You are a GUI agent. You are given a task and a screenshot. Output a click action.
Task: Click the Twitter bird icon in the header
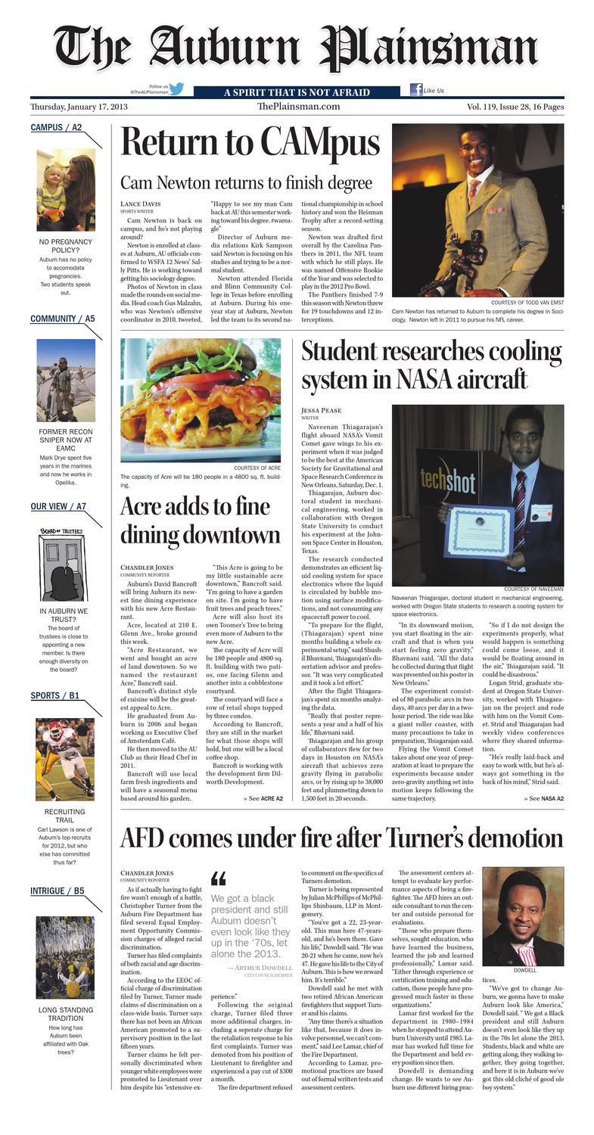pyautogui.click(x=176, y=89)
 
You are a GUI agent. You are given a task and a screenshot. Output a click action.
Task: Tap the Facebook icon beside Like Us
pyautogui.click(x=415, y=89)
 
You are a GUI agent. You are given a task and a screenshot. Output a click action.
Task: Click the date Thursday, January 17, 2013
pyautogui.click(x=79, y=107)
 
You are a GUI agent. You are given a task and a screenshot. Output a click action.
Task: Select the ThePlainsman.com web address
pyautogui.click(x=298, y=107)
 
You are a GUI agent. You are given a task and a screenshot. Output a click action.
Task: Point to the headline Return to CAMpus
pyautogui.click(x=250, y=142)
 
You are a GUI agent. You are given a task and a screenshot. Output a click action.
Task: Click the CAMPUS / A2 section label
pyautogui.click(x=56, y=127)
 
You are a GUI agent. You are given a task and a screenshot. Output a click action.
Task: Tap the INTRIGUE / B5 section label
pyautogui.click(x=58, y=891)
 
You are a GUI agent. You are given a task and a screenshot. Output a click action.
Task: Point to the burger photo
pyautogui.click(x=201, y=400)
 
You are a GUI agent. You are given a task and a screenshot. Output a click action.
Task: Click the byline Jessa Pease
pyautogui.click(x=322, y=410)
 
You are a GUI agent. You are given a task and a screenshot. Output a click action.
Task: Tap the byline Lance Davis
pyautogui.click(x=141, y=204)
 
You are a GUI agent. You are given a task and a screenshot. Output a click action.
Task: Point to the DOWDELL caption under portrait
pyautogui.click(x=524, y=970)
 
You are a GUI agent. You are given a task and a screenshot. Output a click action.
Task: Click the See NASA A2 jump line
pyautogui.click(x=542, y=798)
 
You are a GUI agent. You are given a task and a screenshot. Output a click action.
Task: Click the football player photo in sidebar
pyautogui.click(x=65, y=759)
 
